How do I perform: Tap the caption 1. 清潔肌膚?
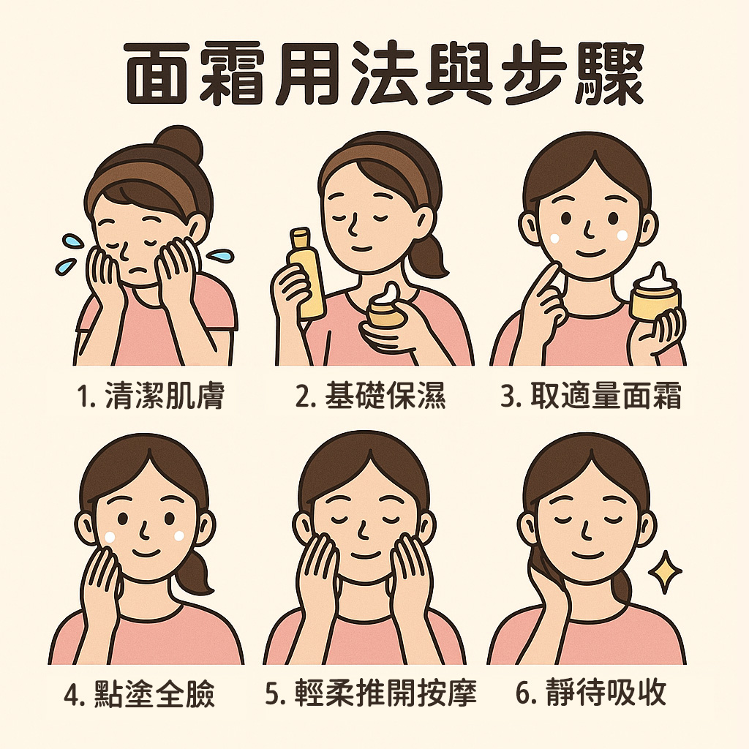point(150,397)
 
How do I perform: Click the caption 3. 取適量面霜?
point(591,397)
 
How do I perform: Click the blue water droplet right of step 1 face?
point(220,256)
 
